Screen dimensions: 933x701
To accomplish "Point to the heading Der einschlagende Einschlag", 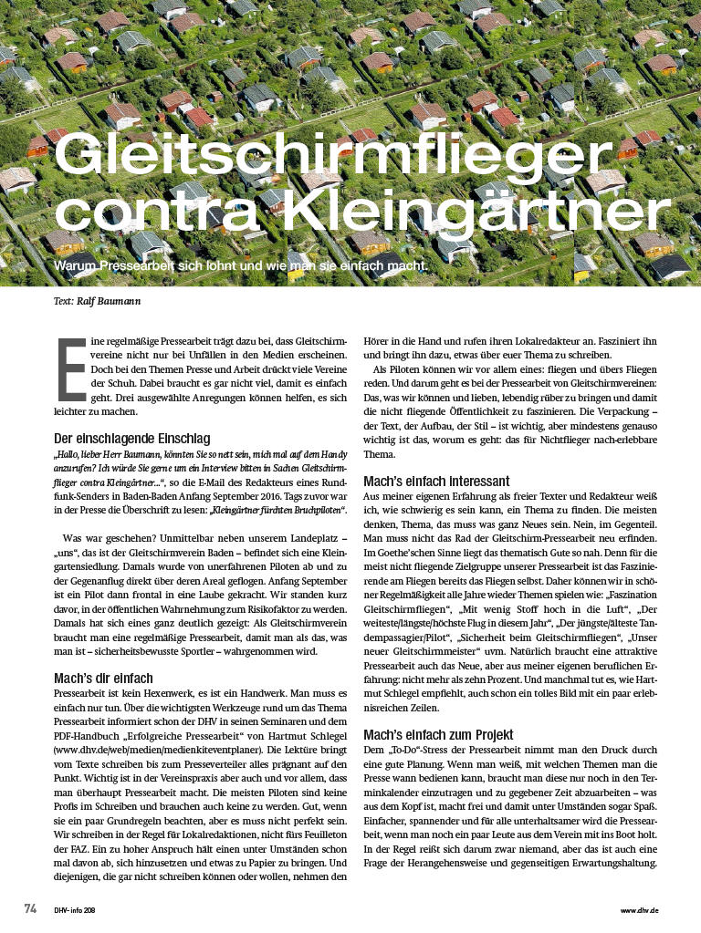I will tap(131, 438).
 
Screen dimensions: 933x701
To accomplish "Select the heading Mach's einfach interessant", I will tap(437, 481).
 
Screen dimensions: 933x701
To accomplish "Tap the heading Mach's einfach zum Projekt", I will tap(439, 734).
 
